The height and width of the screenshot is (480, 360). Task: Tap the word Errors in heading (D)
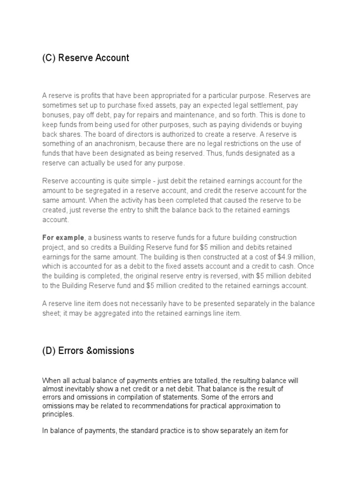[x=71, y=351]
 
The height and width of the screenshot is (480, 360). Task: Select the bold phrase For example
[x=63, y=238]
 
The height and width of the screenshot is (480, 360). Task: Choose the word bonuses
[x=55, y=115]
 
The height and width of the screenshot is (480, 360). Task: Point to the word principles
[x=57, y=415]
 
